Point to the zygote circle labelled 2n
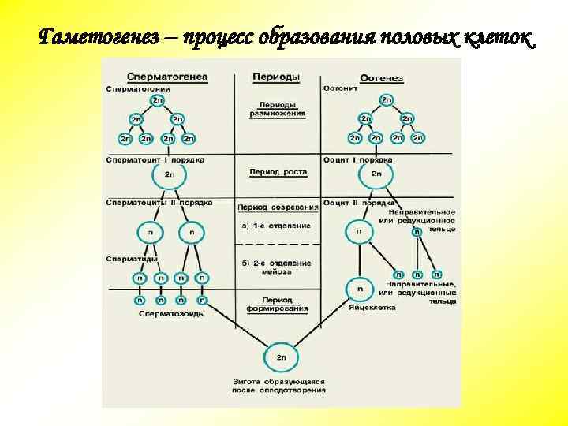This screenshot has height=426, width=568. pyautogui.click(x=282, y=357)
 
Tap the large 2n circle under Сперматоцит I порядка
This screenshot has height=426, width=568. pyautogui.click(x=169, y=175)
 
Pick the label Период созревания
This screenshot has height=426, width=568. pyautogui.click(x=278, y=207)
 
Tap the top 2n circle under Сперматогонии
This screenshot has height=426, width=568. pyautogui.click(x=158, y=101)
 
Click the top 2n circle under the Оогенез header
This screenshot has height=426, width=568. pyautogui.click(x=386, y=100)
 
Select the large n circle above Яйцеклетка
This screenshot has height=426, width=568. pyautogui.click(x=359, y=290)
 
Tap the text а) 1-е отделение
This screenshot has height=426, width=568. pyautogui.click(x=276, y=226)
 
